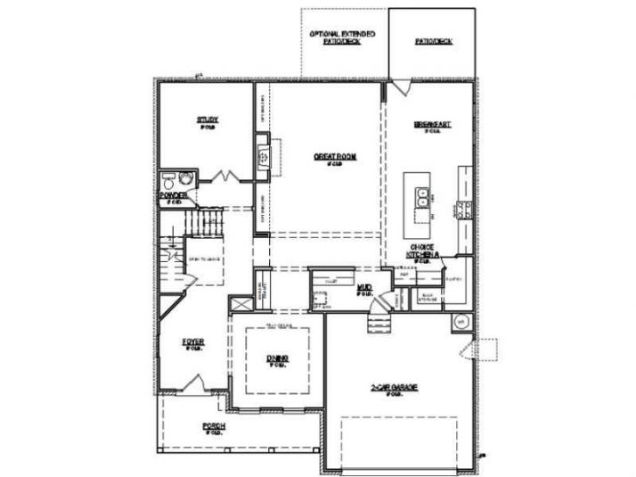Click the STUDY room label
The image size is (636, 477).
[x=208, y=119]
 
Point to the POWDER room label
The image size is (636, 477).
[x=172, y=194]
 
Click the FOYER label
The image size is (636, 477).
[x=192, y=341]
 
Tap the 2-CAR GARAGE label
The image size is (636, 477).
[x=395, y=388]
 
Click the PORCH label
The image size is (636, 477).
[x=213, y=426]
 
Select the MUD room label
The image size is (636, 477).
[x=363, y=288]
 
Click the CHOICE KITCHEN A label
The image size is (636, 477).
[x=423, y=251]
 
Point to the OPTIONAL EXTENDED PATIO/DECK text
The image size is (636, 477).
[x=342, y=37]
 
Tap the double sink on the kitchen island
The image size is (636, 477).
[x=419, y=194]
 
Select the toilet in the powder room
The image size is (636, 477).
[x=169, y=178]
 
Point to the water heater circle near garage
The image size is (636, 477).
[x=461, y=322]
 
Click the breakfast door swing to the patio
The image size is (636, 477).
[x=402, y=87]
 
